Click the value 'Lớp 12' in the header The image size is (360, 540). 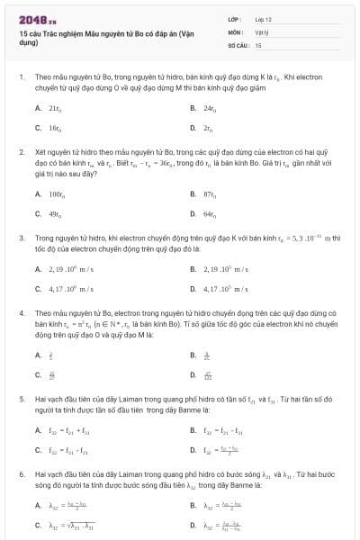[263, 19]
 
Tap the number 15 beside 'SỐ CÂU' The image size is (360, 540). [258, 43]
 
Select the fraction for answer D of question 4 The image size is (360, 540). [208, 374]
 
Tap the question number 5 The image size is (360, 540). [21, 397]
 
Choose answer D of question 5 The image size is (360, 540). [221, 448]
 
